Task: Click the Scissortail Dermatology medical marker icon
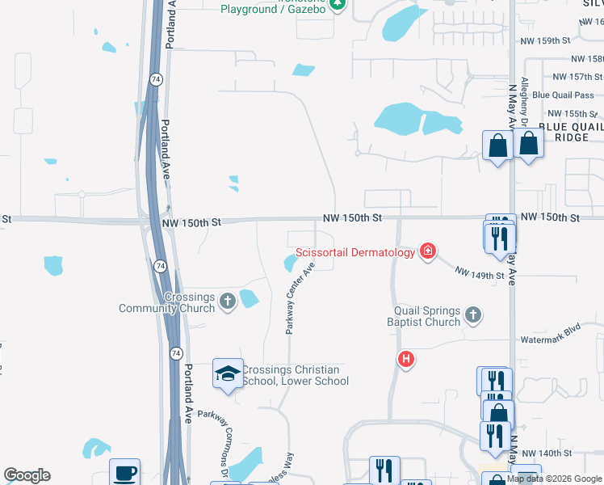pos(427,252)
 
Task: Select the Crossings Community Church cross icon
pos(227,301)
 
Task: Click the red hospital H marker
pos(406,359)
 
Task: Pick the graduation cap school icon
pos(228,373)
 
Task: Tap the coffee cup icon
pos(124,473)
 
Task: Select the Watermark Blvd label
pos(551,330)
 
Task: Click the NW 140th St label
pos(547,454)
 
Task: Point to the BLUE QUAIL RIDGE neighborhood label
pos(570,132)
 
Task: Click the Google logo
pos(27,475)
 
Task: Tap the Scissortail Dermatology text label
pos(355,253)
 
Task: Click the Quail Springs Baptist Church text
pos(427,316)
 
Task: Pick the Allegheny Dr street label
pos(525,101)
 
